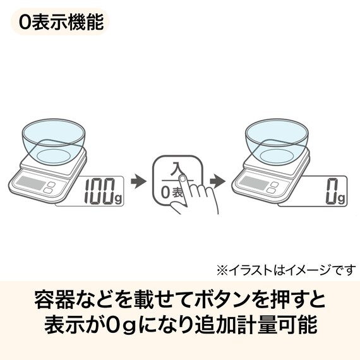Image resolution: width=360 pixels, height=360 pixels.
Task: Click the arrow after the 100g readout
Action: (x=138, y=181)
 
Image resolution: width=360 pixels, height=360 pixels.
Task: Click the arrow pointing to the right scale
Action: (x=217, y=181)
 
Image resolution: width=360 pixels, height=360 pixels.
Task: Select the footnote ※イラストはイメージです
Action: (x=287, y=270)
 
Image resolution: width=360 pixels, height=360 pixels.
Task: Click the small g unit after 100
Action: (x=119, y=197)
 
